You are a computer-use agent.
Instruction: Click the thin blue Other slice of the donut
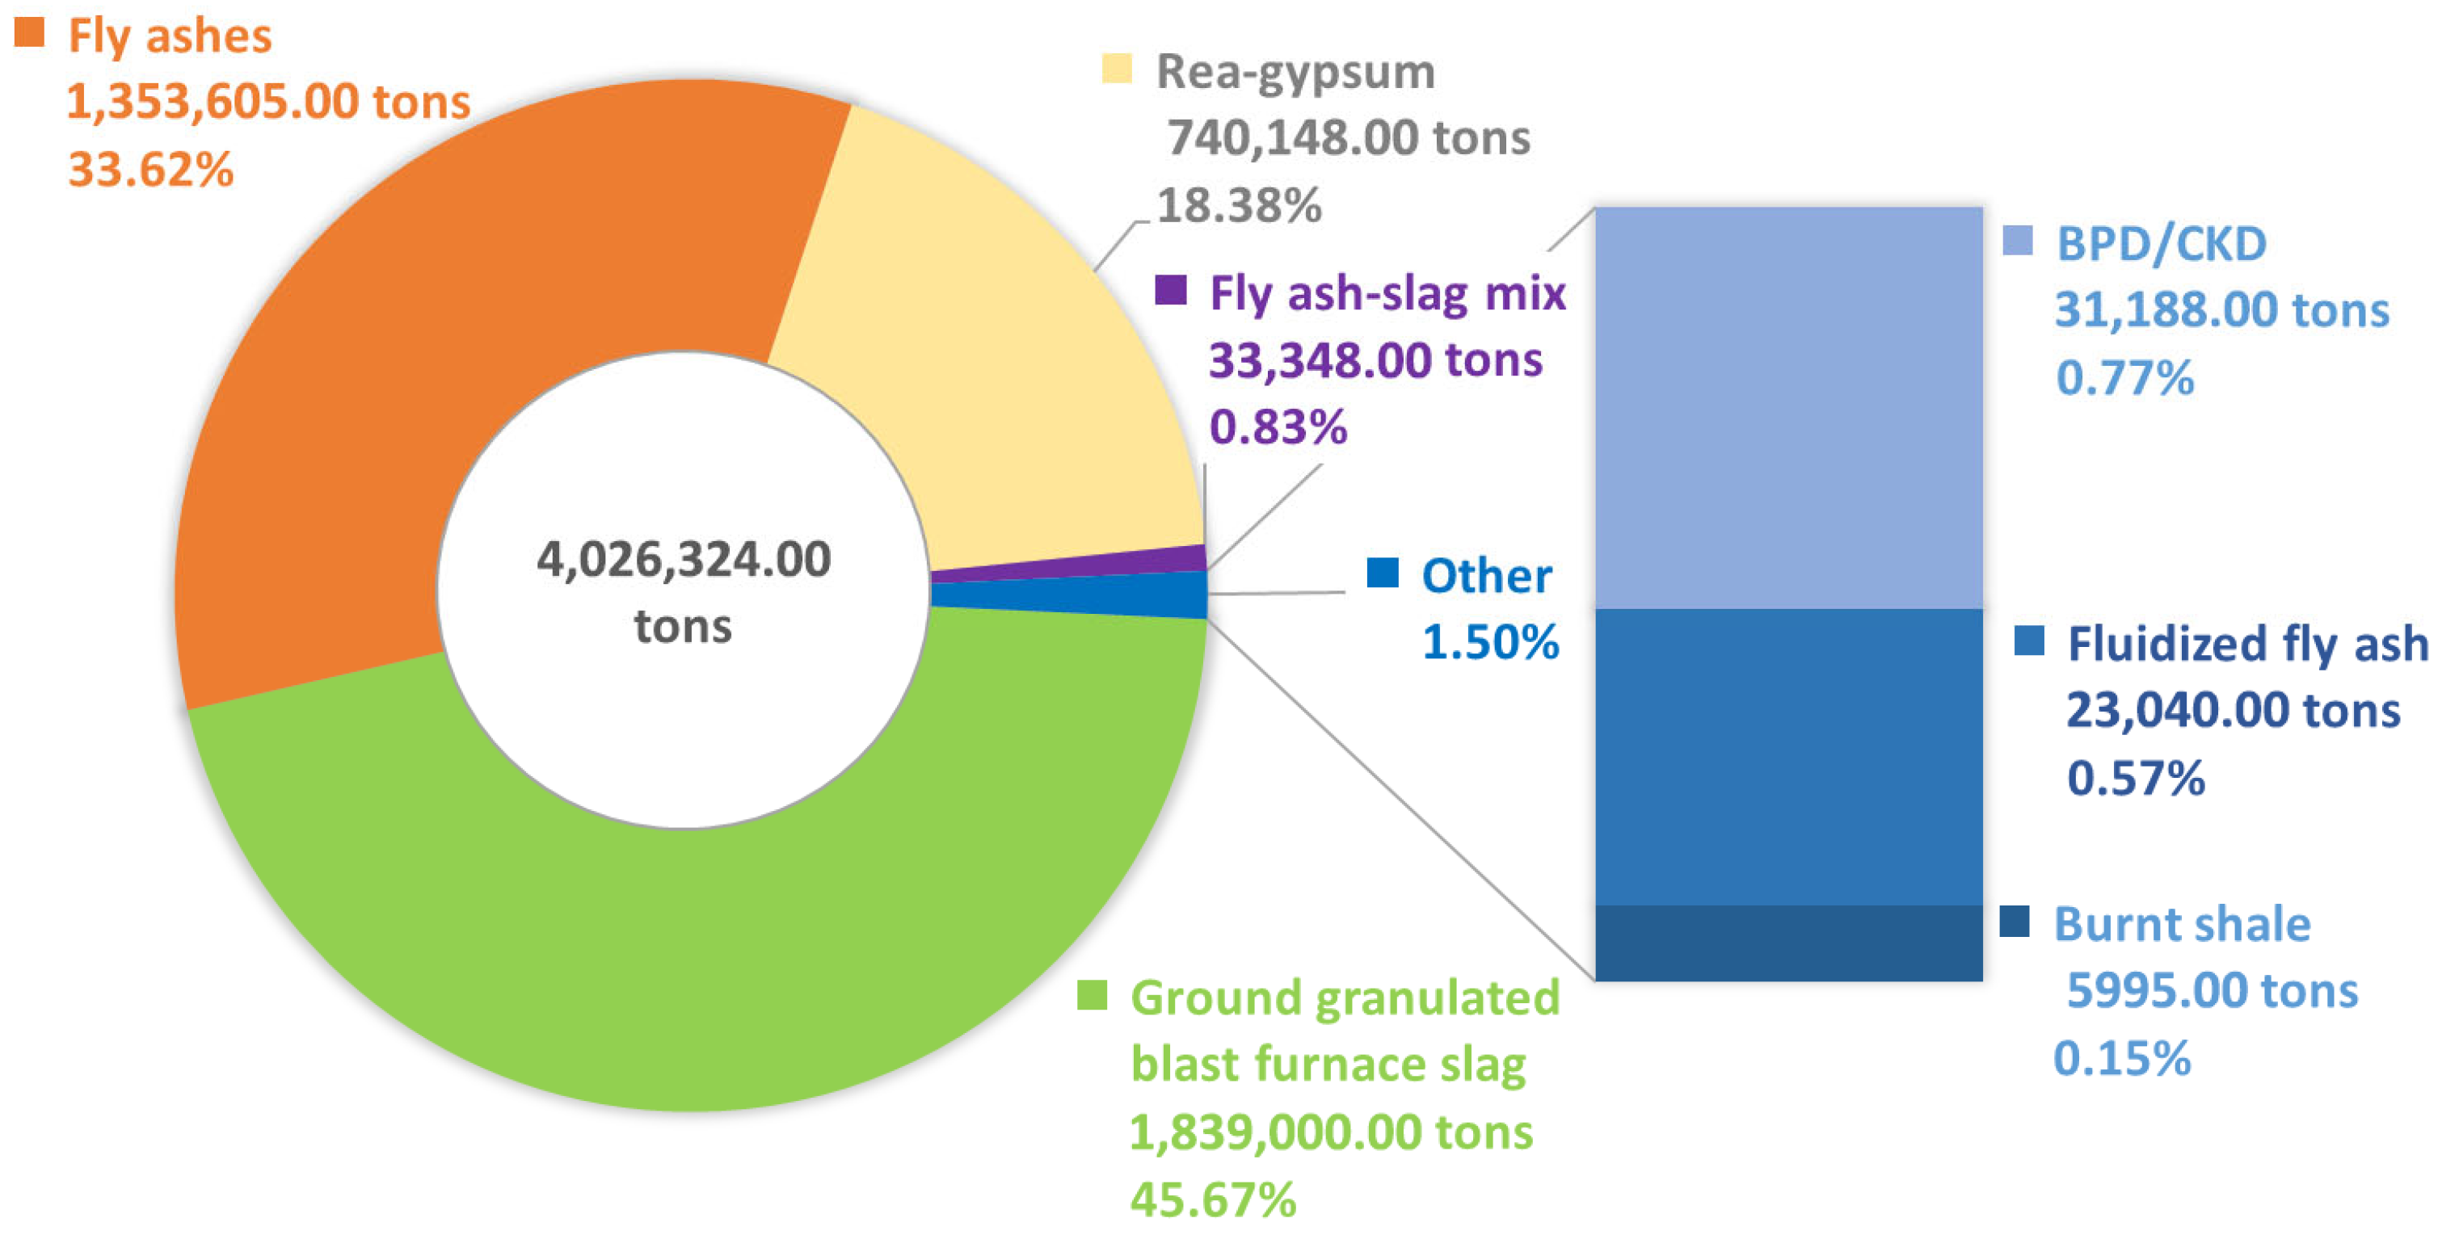pyautogui.click(x=1072, y=596)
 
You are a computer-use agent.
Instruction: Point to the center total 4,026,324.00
pyautogui.click(x=684, y=559)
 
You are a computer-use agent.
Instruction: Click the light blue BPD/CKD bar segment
pyautogui.click(x=1788, y=408)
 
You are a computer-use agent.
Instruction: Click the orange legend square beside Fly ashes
pyautogui.click(x=29, y=32)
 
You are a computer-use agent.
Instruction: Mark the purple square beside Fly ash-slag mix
pyautogui.click(x=1171, y=289)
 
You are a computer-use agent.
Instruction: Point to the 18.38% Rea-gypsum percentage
pyautogui.click(x=1238, y=206)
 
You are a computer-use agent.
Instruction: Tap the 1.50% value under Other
pyautogui.click(x=1490, y=643)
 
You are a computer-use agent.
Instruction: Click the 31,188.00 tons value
pyautogui.click(x=2221, y=311)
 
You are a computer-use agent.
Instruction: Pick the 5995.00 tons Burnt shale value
pyautogui.click(x=2212, y=991)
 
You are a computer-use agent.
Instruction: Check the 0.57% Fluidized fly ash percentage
pyautogui.click(x=2135, y=778)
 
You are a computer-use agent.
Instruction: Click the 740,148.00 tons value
pyautogui.click(x=1348, y=138)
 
